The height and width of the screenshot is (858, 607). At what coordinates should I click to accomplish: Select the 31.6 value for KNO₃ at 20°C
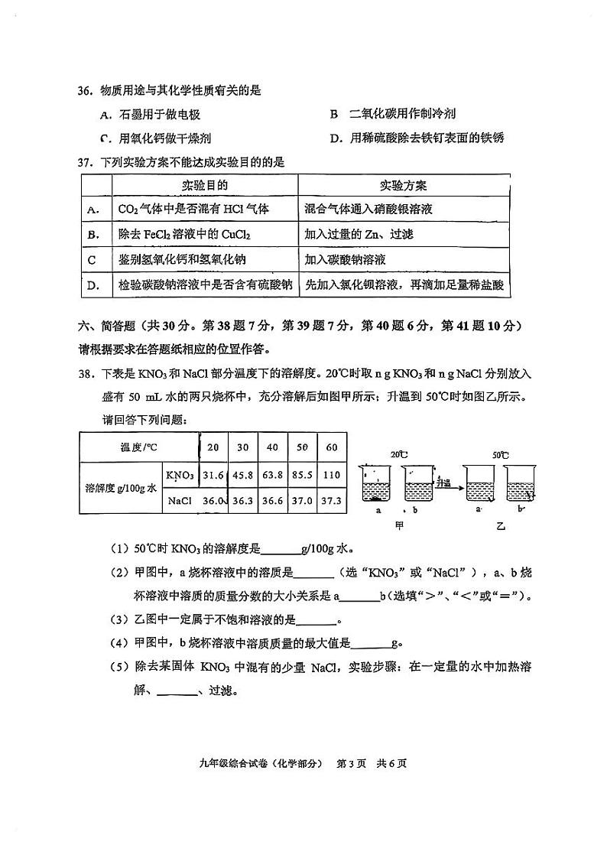[x=213, y=474]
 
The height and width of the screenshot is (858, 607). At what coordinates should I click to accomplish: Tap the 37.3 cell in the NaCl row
[x=332, y=501]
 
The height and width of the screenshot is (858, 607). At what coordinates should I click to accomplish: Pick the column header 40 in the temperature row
[x=272, y=447]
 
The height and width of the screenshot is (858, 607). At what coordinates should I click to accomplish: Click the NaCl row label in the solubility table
[x=179, y=501]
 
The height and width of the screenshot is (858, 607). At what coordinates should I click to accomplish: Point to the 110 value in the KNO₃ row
[x=332, y=474]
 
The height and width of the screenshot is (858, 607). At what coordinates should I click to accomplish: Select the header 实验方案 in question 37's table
[x=403, y=186]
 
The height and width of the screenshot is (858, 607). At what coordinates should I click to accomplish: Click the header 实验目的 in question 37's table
[x=204, y=186]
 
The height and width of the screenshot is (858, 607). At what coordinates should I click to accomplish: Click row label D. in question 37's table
[x=95, y=285]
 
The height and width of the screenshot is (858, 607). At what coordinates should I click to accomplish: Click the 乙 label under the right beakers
[x=501, y=525]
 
